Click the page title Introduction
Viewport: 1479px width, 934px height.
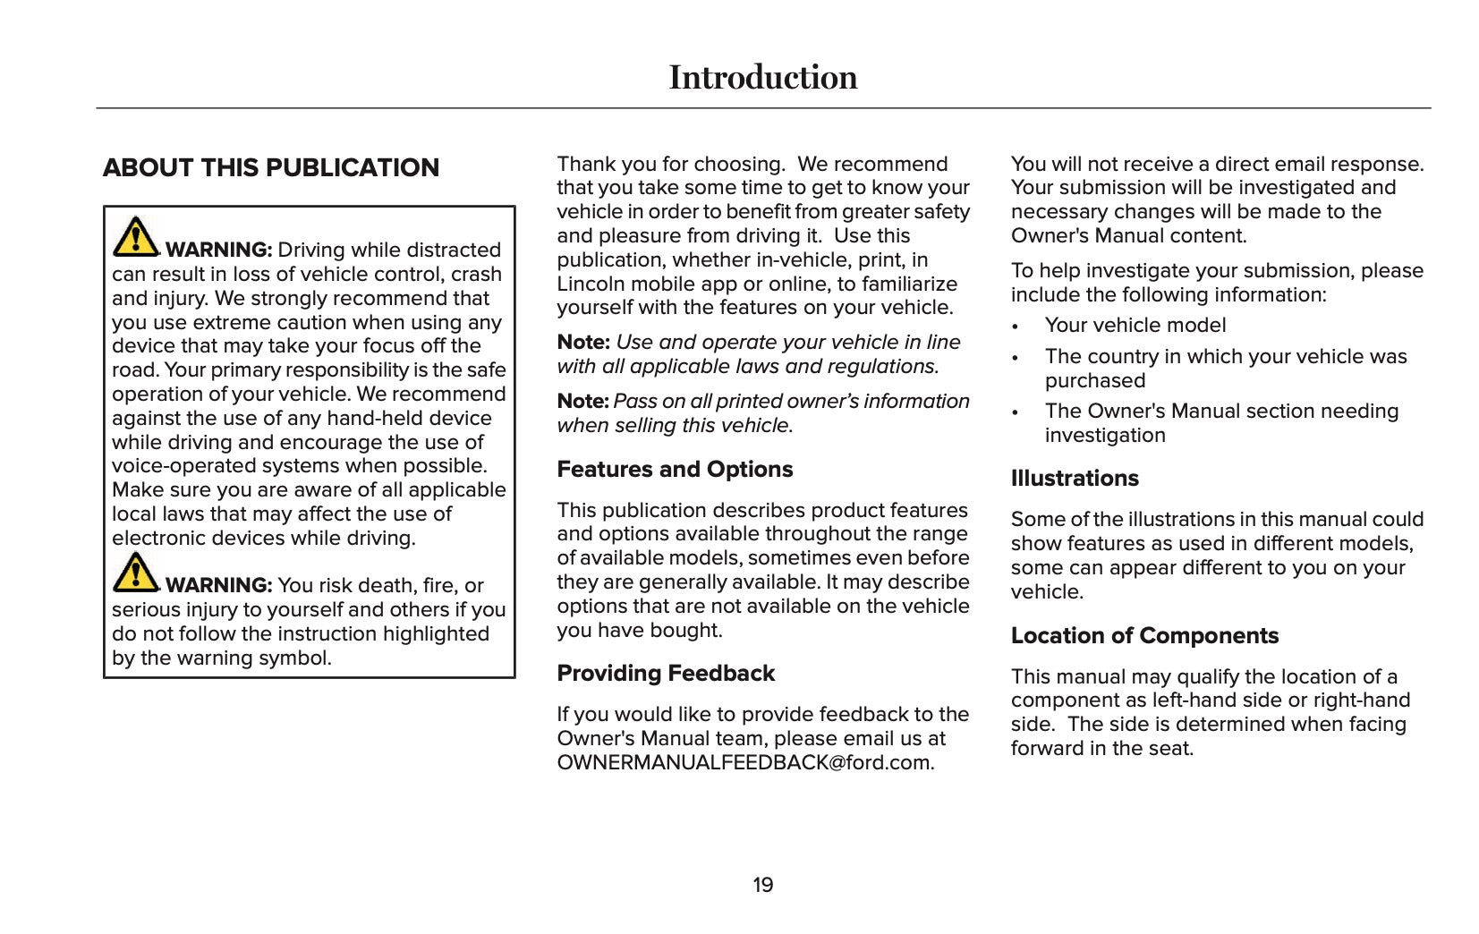pyautogui.click(x=762, y=78)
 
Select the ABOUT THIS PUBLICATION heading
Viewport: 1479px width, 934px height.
pyautogui.click(x=271, y=168)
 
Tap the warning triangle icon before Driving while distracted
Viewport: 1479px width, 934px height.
pyautogui.click(x=135, y=236)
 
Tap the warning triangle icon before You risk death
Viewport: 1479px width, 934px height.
pyautogui.click(x=135, y=573)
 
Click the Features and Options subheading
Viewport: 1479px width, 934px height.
pyautogui.click(x=675, y=470)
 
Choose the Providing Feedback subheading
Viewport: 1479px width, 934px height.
pyautogui.click(x=666, y=674)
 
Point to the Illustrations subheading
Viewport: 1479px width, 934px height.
pyautogui.click(x=1075, y=479)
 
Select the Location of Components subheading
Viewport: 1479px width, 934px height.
pyautogui.click(x=1144, y=636)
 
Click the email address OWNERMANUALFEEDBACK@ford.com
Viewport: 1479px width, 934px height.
pyautogui.click(x=745, y=763)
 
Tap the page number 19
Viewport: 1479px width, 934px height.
pyautogui.click(x=762, y=886)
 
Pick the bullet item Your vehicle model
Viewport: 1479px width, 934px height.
pyautogui.click(x=1135, y=326)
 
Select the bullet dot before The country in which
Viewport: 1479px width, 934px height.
pyautogui.click(x=1016, y=358)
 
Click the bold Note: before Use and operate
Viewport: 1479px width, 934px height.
pyautogui.click(x=583, y=343)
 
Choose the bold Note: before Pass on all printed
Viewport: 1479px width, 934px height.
pyautogui.click(x=582, y=402)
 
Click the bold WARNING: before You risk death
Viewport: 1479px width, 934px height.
pyautogui.click(x=218, y=586)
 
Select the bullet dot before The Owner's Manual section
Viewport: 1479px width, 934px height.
pyautogui.click(x=1016, y=412)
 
